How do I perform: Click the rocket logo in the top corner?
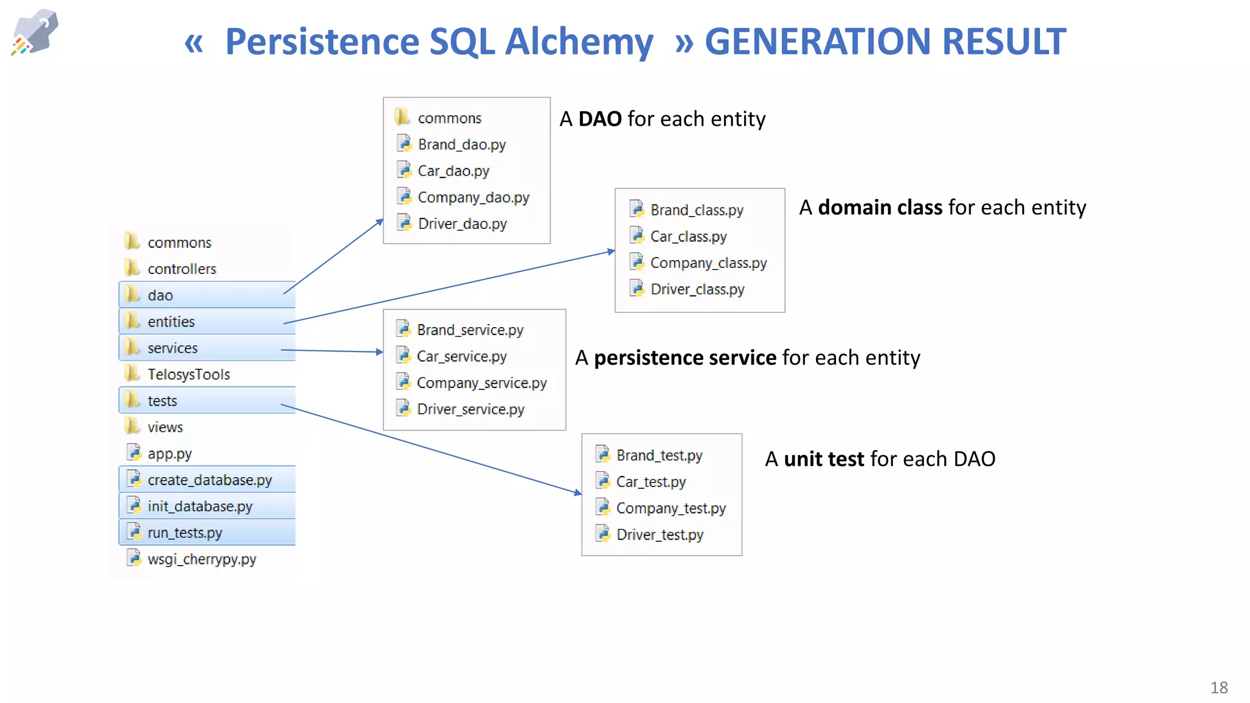(35, 32)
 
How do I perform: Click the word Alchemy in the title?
(579, 41)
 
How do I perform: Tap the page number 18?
(1219, 688)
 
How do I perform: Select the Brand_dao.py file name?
(461, 145)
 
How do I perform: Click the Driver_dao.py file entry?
(462, 224)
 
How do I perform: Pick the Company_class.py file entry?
(708, 263)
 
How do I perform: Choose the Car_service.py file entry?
(461, 356)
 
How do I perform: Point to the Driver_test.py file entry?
(659, 535)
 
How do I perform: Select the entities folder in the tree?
(171, 322)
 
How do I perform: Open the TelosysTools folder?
(188, 375)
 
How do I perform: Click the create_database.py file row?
(209, 480)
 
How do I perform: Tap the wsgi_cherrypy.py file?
(201, 559)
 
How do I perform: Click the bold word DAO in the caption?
(599, 119)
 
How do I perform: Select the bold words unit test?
(823, 459)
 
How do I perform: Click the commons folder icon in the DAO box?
(402, 116)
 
